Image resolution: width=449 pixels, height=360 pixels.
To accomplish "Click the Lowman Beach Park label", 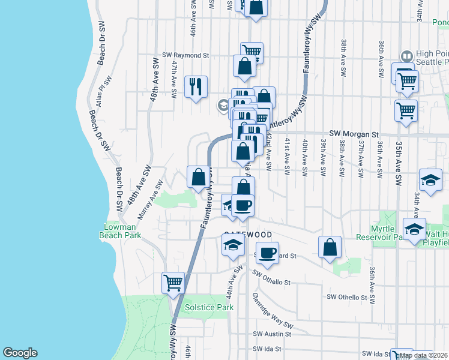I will pos(122,231).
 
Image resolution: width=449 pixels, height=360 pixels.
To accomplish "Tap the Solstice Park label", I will pos(209,307).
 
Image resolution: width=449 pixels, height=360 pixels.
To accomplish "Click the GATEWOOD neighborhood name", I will pos(248,234).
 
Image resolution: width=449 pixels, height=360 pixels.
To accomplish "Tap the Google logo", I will pos(20,353).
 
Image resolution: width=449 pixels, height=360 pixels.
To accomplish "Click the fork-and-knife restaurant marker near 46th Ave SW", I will pos(196,86).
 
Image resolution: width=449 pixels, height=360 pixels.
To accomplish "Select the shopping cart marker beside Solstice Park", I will pos(173,281).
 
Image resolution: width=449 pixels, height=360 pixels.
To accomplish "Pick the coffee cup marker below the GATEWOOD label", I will pos(268,251).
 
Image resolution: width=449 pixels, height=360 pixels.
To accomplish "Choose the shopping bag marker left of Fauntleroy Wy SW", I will pos(198,176).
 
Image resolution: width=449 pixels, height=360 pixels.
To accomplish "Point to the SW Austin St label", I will pos(272,334).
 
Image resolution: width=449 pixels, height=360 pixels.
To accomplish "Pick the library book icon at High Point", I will pos(406,56).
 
